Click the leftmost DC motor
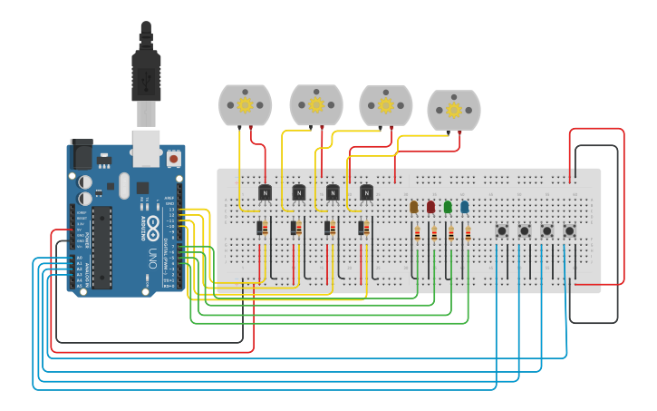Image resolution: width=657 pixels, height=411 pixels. (x=246, y=105)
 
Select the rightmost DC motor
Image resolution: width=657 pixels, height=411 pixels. (x=453, y=110)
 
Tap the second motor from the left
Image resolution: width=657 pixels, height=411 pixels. (x=315, y=104)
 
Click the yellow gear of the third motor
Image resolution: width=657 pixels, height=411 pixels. (x=386, y=105)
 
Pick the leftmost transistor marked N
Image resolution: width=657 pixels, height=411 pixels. (x=265, y=192)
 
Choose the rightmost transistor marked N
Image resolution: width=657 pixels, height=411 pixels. (x=366, y=192)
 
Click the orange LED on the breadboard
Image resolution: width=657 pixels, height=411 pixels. (x=414, y=207)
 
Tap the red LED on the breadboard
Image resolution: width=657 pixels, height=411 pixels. (x=430, y=207)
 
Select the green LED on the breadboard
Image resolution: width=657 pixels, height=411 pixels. (x=448, y=207)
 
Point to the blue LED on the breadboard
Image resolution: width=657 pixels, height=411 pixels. (x=465, y=207)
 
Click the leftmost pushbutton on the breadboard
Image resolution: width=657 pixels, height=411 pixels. (x=502, y=231)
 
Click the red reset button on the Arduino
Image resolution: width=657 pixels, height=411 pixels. (x=173, y=159)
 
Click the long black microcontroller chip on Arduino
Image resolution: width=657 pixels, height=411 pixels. (x=101, y=248)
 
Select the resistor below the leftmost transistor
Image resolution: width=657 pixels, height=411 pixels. (x=262, y=229)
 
